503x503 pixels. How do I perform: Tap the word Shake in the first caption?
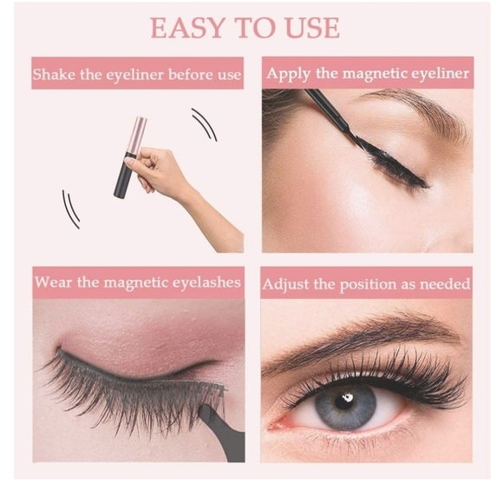pyautogui.click(x=53, y=75)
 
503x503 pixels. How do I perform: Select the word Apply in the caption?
pyautogui.click(x=287, y=73)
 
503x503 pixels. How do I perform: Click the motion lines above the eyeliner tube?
pyautogui.click(x=205, y=123)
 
